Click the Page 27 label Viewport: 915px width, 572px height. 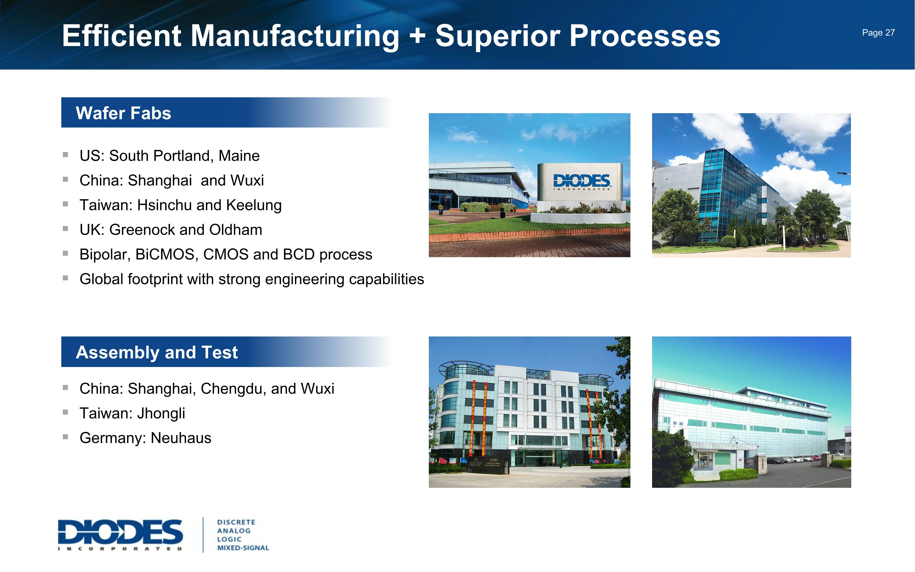(x=878, y=33)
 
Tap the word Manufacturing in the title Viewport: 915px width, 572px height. (x=295, y=36)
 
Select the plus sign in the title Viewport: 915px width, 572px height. (x=418, y=37)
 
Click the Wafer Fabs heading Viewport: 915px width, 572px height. (x=123, y=113)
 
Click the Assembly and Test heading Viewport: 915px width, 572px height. (x=156, y=352)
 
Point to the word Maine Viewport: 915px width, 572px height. (x=239, y=156)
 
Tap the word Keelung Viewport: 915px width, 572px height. (x=254, y=205)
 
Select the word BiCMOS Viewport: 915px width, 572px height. (x=166, y=255)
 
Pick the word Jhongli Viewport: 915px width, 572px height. (x=161, y=413)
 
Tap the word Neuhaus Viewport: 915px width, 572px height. (x=181, y=438)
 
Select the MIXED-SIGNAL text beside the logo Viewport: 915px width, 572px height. (x=243, y=548)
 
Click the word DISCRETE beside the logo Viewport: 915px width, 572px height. (x=236, y=522)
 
